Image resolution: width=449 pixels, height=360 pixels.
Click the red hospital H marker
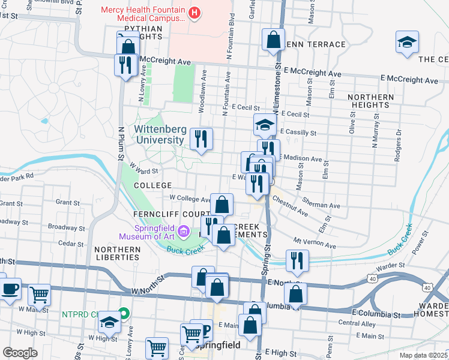194,12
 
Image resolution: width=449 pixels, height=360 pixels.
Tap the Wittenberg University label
158,134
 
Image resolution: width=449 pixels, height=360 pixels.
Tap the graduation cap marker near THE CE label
407,42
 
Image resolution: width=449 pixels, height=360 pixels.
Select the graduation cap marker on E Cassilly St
264,124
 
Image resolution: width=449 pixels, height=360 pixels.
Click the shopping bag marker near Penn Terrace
273,40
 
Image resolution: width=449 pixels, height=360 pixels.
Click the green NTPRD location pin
124,313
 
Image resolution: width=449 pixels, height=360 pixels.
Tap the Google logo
20,353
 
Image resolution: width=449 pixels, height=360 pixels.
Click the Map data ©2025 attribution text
423,355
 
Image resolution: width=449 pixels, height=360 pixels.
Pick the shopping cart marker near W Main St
40,295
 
